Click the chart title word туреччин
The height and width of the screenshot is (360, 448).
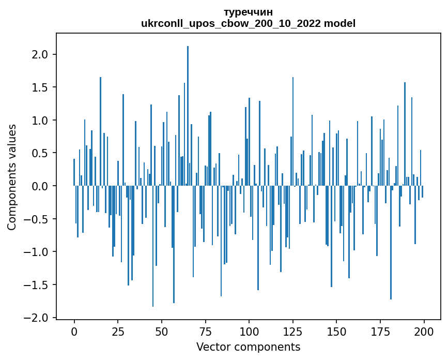click(x=248, y=12)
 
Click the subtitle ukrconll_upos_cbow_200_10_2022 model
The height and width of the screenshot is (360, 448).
click(x=248, y=23)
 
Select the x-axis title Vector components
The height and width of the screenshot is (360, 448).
click(x=248, y=347)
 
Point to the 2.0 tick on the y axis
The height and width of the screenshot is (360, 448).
click(x=40, y=55)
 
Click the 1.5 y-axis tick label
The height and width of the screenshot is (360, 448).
click(x=40, y=87)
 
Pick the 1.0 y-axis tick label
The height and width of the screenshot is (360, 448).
click(x=40, y=121)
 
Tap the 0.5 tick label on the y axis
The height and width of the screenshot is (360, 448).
click(x=40, y=153)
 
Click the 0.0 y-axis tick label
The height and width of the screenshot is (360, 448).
click(x=40, y=186)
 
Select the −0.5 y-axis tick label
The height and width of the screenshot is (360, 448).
click(x=37, y=219)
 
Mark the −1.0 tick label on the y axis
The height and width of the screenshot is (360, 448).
click(x=37, y=252)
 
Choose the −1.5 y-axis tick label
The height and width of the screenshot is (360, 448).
click(x=37, y=284)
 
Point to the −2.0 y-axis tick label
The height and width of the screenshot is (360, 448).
click(x=37, y=318)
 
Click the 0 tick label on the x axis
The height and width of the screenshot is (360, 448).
click(x=74, y=331)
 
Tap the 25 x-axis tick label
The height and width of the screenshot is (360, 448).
click(x=118, y=331)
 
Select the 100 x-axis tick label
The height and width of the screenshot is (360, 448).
click(x=249, y=331)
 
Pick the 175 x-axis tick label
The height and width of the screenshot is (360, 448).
click(x=380, y=331)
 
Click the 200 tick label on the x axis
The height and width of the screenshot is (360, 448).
click(x=424, y=331)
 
